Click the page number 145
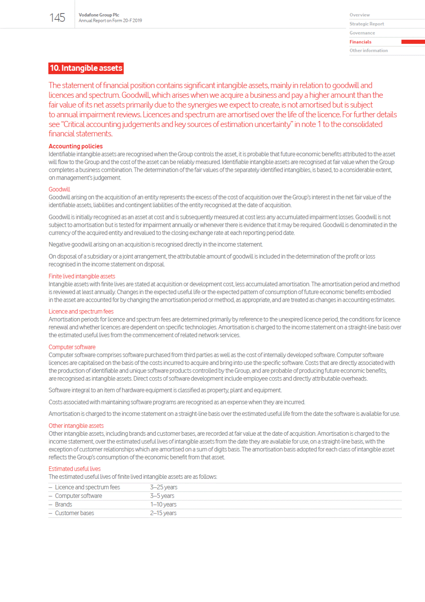pyautogui.click(x=57, y=18)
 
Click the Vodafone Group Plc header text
pyautogui.click(x=99, y=15)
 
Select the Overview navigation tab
pyautogui.click(x=359, y=15)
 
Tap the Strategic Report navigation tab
pyautogui.click(x=366, y=24)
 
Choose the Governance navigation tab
pyautogui.click(x=362, y=33)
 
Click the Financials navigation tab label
pyautogui.click(x=360, y=42)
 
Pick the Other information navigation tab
pyautogui.click(x=369, y=51)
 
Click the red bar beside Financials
pyautogui.click(x=412, y=42)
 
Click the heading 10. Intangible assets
pyautogui.click(x=86, y=68)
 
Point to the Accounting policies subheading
pyautogui.click(x=75, y=146)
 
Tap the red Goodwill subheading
pyautogui.click(x=59, y=189)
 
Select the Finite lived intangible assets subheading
pyautogui.click(x=82, y=276)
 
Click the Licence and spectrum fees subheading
pyautogui.click(x=81, y=311)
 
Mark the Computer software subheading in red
pyautogui.click(x=72, y=347)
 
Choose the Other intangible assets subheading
pyautogui.click(x=76, y=426)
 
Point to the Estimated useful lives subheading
pyautogui.click(x=75, y=469)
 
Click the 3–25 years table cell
pyautogui.click(x=164, y=487)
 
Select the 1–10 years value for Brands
pyautogui.click(x=163, y=505)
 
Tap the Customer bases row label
pyautogui.click(x=74, y=513)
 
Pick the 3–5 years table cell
pyautogui.click(x=162, y=496)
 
